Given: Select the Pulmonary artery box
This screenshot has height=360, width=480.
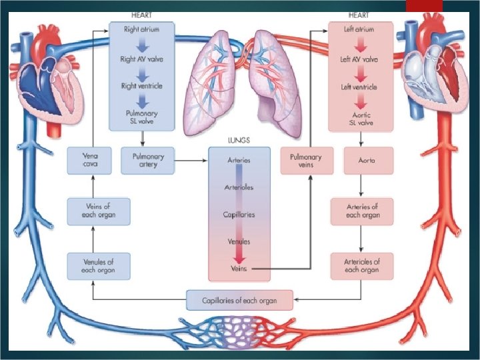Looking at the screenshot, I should pos(147,161).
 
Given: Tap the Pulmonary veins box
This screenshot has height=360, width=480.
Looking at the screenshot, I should pos(306,161).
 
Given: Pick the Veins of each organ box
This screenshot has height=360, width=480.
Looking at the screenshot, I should pos(98,211).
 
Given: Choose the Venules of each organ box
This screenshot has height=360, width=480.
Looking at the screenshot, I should pos(98,265).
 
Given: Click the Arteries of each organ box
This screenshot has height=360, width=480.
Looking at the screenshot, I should pos(362,211).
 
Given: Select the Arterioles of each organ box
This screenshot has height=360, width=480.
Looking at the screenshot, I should pos(362,265).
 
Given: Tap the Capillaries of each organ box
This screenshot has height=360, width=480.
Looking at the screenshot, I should pos(240,300).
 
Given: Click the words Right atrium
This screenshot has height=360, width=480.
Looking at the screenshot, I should pos(141,30).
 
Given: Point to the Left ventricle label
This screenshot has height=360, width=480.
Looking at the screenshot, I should pos(359,87).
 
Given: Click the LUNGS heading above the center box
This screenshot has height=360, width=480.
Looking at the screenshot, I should pos(239,141).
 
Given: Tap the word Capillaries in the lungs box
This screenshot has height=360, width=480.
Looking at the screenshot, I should pos(239,215).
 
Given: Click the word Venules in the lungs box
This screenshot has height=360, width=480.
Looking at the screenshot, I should pos(239,241).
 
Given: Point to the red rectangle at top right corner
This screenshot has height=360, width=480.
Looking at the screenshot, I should pos(424,5).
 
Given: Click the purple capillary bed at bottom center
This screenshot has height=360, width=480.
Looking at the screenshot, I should pos(239,331).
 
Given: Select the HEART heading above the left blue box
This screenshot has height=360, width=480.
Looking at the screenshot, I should pos(141,15).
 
